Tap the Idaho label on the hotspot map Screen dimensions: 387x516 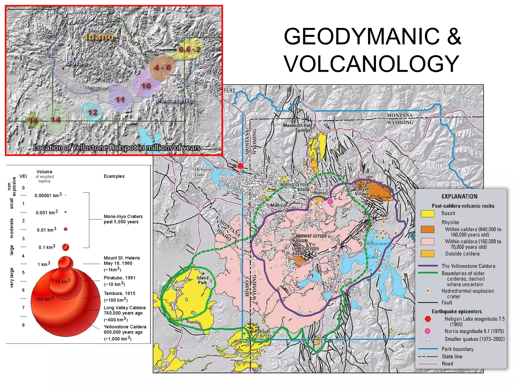100,37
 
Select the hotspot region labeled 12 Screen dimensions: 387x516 92,112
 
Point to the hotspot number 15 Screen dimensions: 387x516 33,120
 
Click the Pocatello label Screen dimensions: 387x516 175,101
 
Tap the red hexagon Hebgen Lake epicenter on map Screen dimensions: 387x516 241,166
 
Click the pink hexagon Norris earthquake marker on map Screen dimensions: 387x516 330,201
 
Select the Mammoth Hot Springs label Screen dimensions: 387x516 297,128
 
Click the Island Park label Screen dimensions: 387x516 203,280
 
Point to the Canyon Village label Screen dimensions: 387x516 362,191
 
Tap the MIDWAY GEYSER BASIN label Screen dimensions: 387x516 311,238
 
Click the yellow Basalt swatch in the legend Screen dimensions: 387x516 427,213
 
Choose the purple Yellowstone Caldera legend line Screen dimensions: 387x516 428,266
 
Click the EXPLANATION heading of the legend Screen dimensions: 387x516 459,197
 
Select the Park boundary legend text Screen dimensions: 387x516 457,349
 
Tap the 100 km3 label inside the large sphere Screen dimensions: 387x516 44,299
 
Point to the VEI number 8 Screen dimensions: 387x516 23,325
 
